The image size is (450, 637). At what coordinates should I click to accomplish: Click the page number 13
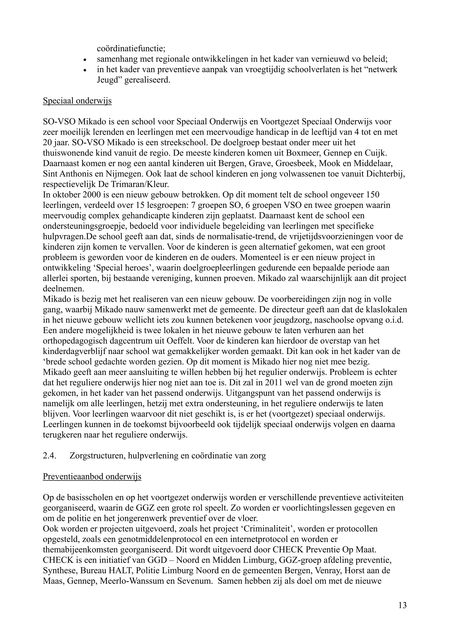(x=402, y=605)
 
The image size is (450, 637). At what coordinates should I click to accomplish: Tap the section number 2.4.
(x=50, y=456)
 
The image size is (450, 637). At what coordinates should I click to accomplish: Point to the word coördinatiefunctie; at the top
(x=131, y=49)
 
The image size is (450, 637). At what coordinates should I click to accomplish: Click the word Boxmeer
(x=278, y=153)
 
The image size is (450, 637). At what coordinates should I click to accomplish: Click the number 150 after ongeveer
(x=372, y=194)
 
